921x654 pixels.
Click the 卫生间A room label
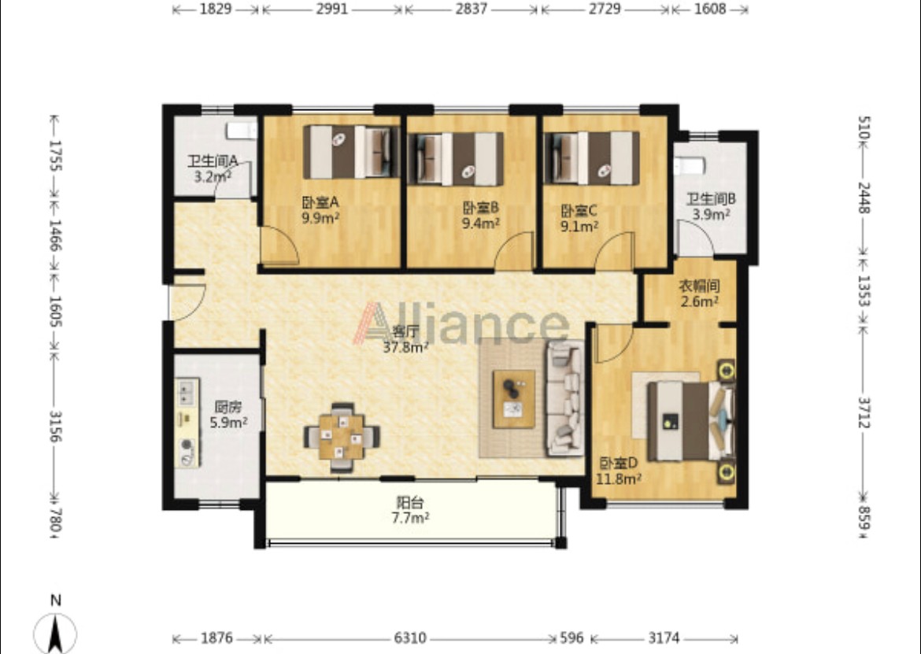click(212, 161)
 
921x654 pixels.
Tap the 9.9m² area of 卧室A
click(320, 218)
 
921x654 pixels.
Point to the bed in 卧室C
click(592, 158)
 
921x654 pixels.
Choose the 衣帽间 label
click(699, 286)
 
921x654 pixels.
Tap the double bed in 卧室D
click(691, 421)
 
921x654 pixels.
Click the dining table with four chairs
click(342, 438)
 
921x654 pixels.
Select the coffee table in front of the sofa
click(514, 399)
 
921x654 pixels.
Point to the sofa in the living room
click(565, 398)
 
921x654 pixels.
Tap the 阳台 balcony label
click(410, 503)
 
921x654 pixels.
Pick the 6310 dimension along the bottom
click(410, 637)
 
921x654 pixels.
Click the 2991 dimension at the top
click(332, 9)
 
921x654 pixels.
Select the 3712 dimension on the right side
click(864, 412)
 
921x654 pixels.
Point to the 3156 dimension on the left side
click(56, 427)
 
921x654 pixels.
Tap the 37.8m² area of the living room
click(405, 347)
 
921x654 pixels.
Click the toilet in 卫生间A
click(242, 131)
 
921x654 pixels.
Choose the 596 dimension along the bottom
click(571, 637)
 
